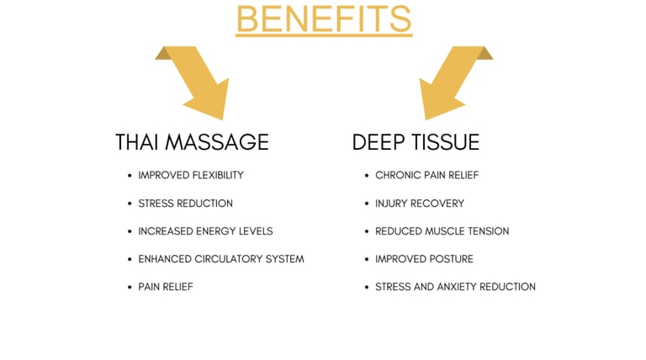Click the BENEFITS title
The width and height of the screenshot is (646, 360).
pos(324,19)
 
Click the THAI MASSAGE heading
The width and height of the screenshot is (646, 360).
pos(192,142)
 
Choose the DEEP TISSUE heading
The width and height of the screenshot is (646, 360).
pos(416,142)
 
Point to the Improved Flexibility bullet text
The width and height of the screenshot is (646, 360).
pos(191,175)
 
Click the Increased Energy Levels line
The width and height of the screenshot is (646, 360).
pos(205,231)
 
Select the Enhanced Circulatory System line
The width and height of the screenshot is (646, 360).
pos(221,259)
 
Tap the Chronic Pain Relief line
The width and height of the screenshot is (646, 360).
pos(426,175)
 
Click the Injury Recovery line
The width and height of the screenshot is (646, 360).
pos(420,204)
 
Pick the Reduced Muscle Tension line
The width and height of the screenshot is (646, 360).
pos(442,231)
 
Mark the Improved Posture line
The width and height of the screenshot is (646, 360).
pos(424,259)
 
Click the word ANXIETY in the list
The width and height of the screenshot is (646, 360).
pos(460,287)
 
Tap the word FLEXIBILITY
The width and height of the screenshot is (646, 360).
pos(214,175)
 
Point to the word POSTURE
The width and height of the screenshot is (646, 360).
pos(451,259)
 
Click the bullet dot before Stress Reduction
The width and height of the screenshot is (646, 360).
pos(129,204)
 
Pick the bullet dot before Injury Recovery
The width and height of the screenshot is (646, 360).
pos(366,204)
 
